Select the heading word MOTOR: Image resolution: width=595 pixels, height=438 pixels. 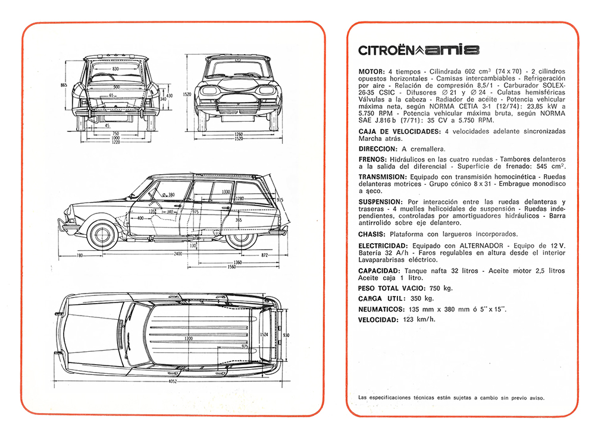371,71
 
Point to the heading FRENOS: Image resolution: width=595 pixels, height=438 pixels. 373,160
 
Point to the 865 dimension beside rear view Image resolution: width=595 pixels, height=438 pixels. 64,86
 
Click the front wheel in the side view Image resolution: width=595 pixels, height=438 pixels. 102,234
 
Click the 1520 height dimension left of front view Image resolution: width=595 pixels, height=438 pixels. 187,94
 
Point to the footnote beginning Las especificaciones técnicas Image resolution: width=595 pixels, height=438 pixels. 451,397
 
